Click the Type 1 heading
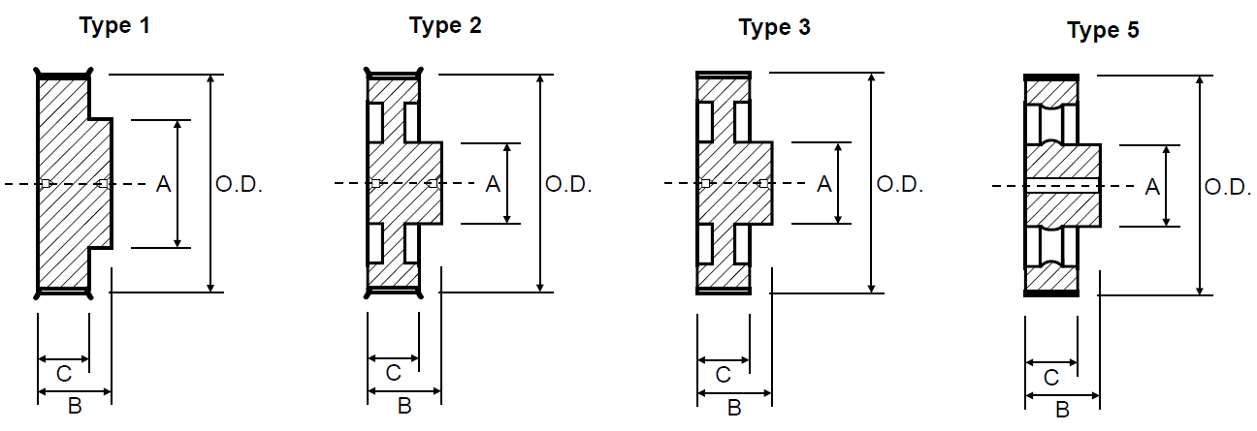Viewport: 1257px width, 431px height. point(114,25)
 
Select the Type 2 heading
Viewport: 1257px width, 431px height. point(445,25)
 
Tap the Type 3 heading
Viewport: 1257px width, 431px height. point(774,27)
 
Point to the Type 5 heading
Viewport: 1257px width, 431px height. point(1103,31)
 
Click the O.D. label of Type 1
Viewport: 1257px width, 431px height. point(239,184)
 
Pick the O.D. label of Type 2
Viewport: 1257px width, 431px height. point(568,184)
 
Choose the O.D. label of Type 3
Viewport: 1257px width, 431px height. point(899,184)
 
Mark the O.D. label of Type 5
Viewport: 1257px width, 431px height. point(1229,188)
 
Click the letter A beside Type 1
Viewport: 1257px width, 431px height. point(163,184)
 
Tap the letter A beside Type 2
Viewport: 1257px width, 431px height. point(493,184)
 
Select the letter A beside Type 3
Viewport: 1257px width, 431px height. point(823,184)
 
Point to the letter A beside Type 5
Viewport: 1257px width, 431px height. point(1152,188)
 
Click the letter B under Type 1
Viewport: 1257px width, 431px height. point(75,407)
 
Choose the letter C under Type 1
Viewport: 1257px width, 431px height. point(63,373)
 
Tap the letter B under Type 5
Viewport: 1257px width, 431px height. point(1062,410)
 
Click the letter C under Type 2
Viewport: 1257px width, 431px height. point(393,373)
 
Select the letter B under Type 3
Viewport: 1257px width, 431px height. point(734,408)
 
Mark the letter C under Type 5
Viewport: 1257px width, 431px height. point(1050,377)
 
